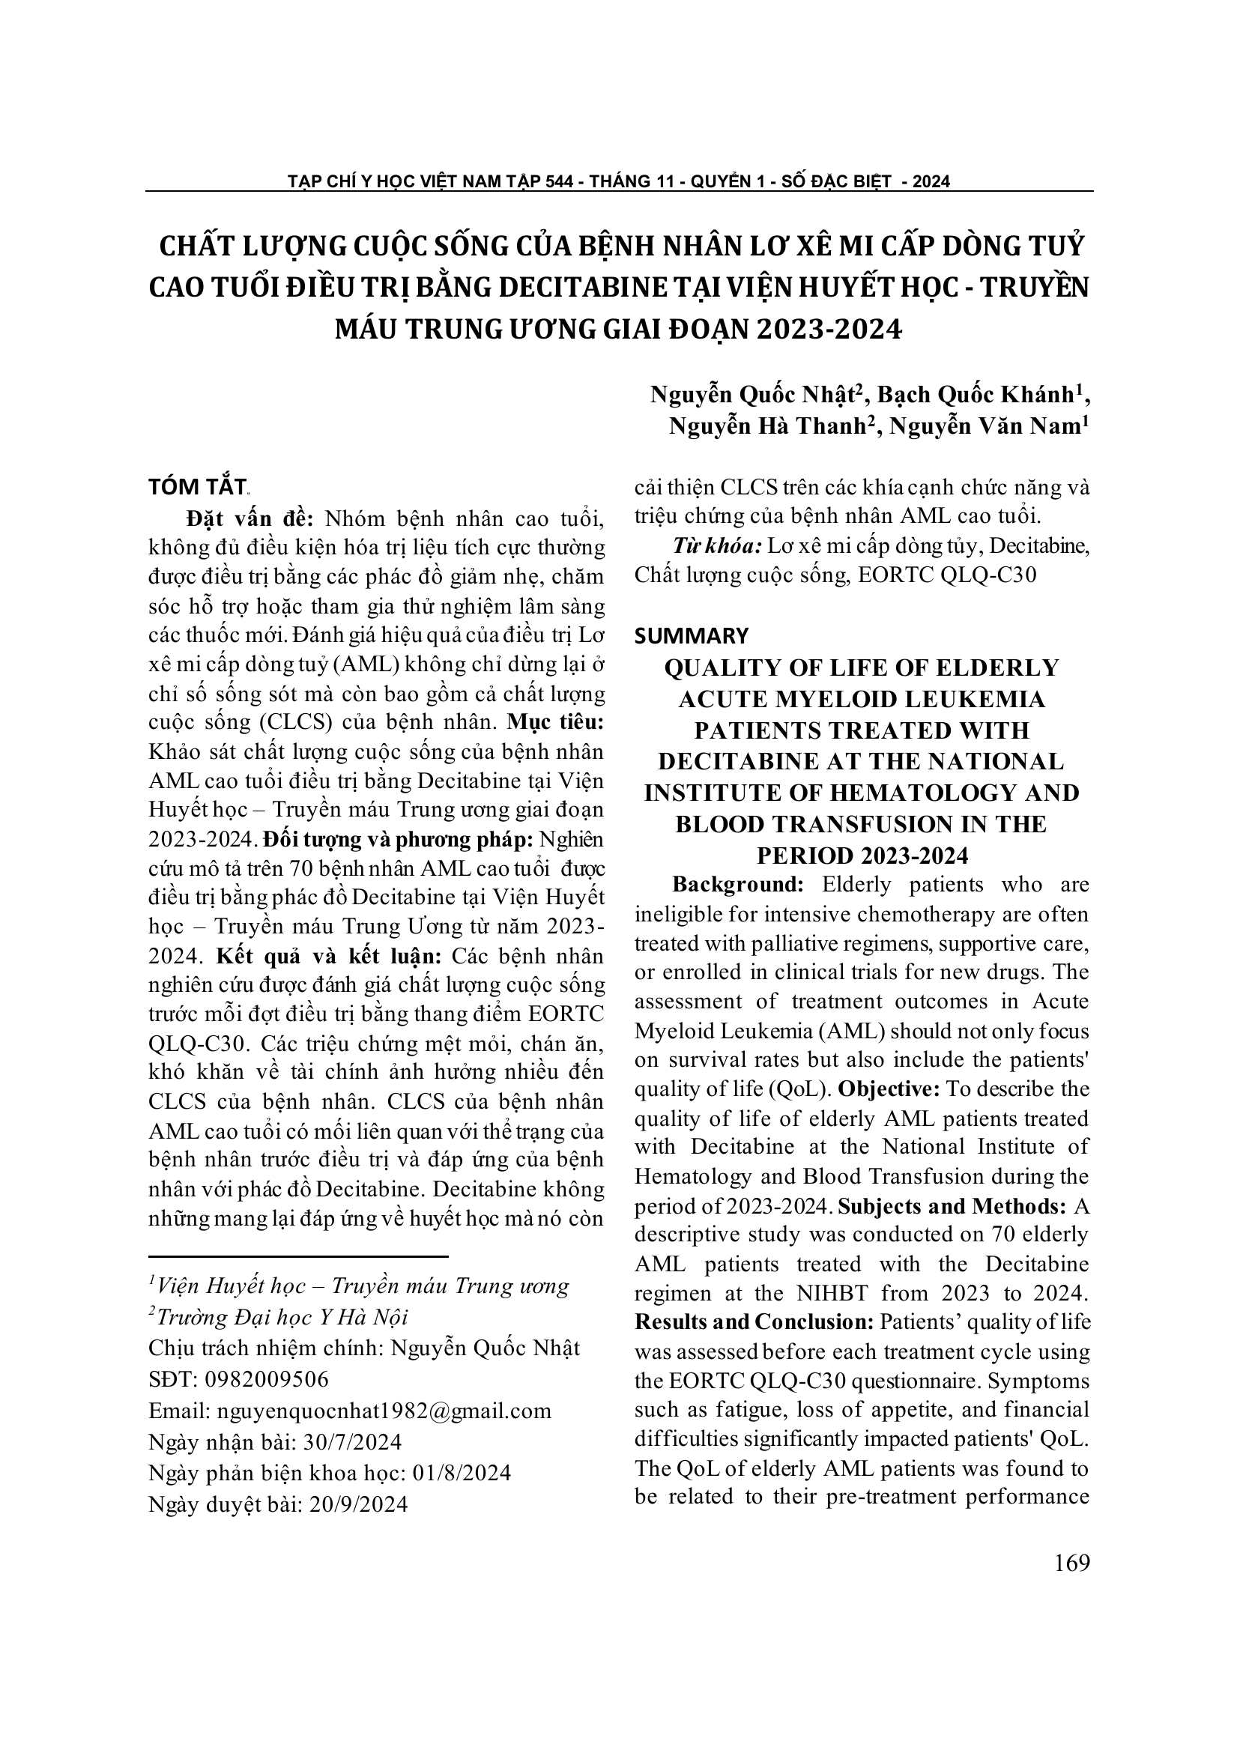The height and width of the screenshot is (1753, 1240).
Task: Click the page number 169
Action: [1071, 1563]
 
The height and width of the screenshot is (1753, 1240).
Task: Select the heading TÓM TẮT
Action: [197, 487]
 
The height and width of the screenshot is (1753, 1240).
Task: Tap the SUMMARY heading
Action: [691, 635]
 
